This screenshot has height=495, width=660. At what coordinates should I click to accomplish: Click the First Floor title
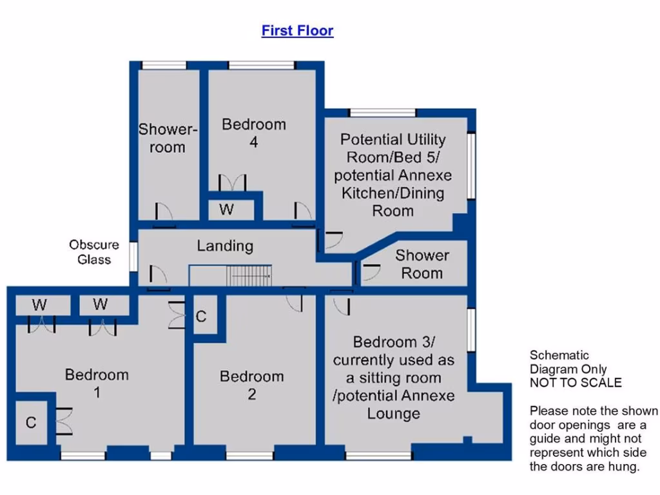(297, 30)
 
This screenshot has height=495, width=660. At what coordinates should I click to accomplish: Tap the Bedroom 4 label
(253, 133)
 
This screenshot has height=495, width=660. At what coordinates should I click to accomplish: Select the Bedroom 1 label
(97, 383)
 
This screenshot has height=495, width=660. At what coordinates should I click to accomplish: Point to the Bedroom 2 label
(251, 384)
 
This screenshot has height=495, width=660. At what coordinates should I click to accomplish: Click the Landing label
(225, 246)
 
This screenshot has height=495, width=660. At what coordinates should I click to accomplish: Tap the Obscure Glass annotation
(94, 252)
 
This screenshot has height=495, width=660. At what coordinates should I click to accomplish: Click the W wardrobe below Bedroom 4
(226, 210)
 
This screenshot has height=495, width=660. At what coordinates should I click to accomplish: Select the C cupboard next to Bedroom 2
(201, 316)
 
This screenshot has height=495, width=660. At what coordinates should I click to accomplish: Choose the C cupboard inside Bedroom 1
(31, 423)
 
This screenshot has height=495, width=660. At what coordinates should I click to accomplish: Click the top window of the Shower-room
(164, 65)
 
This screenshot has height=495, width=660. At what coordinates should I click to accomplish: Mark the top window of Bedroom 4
(262, 65)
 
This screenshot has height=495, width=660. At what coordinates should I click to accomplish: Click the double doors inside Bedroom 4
(233, 182)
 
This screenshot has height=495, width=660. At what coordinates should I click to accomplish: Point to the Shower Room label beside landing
(422, 264)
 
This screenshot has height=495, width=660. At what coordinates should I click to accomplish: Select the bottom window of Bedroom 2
(249, 456)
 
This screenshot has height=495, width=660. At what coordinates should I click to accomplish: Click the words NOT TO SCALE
(576, 383)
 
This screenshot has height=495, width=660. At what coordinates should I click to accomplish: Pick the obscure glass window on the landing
(133, 255)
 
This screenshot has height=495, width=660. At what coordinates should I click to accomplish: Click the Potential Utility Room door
(331, 240)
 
